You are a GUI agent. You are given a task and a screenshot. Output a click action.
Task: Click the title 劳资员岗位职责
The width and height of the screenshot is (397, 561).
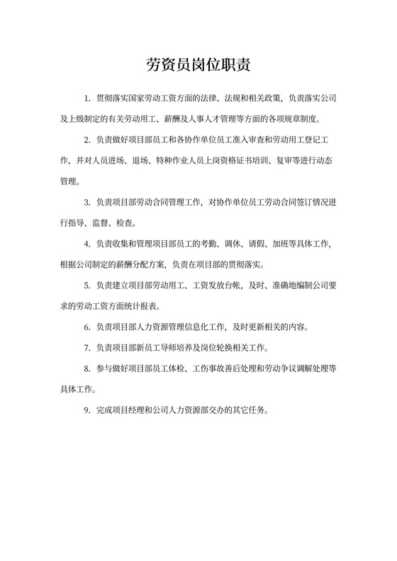tap(198, 66)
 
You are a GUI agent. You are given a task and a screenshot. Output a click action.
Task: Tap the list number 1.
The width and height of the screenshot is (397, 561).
tap(86, 97)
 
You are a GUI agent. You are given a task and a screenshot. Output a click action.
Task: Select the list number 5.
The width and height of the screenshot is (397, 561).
tap(86, 288)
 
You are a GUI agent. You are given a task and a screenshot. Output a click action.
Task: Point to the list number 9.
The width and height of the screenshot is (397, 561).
tap(86, 409)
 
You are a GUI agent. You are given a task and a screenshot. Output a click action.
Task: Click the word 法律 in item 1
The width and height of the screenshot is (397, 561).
tap(213, 97)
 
